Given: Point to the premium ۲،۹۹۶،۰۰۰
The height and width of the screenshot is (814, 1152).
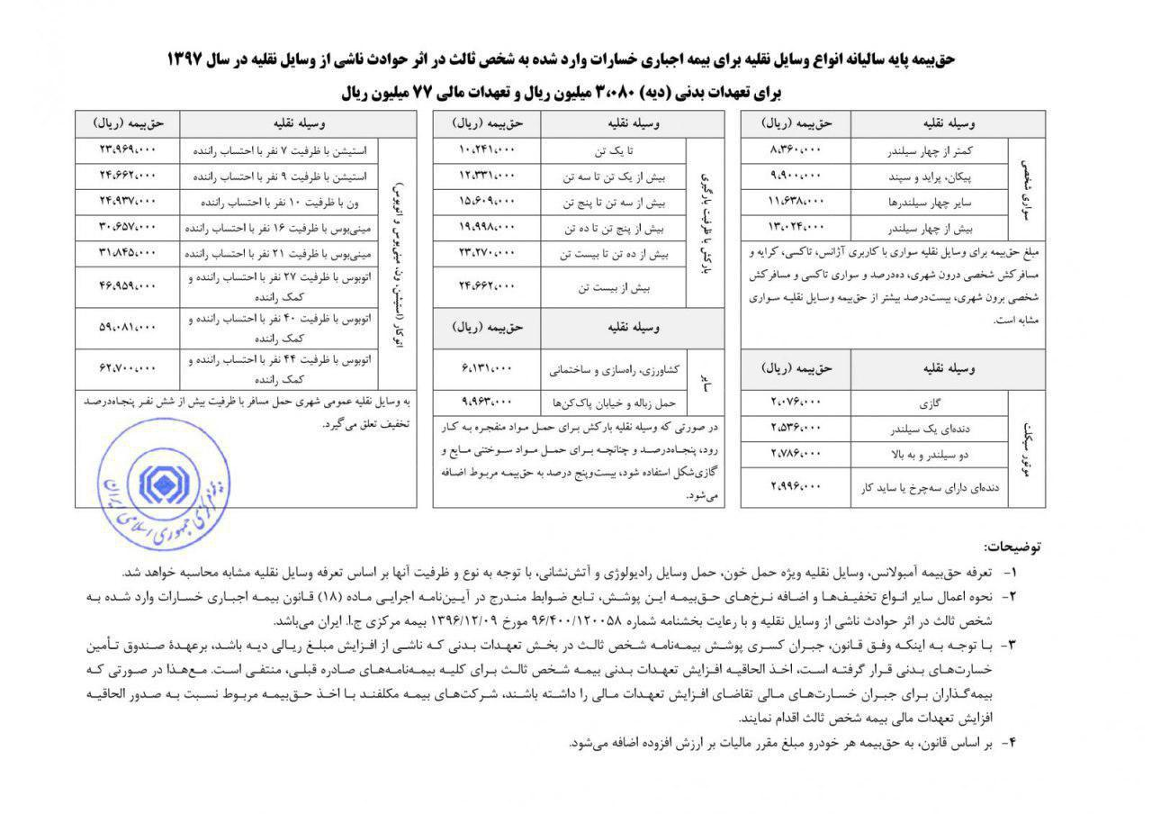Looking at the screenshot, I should [796, 486].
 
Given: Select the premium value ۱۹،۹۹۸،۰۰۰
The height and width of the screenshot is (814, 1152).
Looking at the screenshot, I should [487, 225].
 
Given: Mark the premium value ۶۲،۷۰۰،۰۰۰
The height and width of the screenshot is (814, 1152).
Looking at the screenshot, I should [128, 366].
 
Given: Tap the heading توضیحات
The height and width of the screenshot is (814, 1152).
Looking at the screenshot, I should [1012, 547].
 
